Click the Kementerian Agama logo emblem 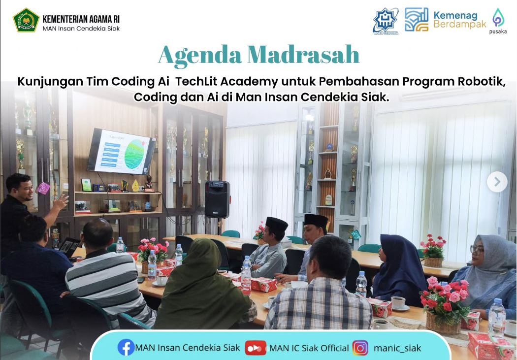click(26, 20)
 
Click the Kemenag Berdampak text click(459, 19)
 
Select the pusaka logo click(498, 20)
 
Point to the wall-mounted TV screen click(121, 151)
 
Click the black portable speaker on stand click(217, 199)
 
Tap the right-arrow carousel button click(497, 182)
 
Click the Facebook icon click(126, 348)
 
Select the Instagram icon click(360, 348)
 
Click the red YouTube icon click(256, 348)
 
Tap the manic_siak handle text click(397, 348)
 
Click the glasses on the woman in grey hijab click(477, 249)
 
